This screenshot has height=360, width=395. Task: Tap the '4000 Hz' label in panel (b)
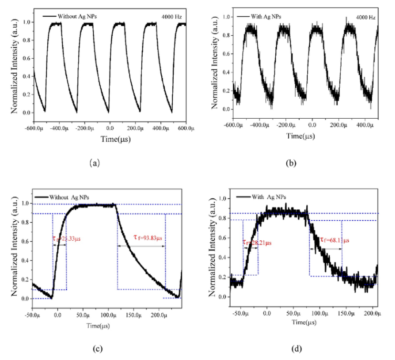pyautogui.click(x=366, y=18)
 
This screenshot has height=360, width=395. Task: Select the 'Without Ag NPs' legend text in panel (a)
pyautogui.click(x=78, y=16)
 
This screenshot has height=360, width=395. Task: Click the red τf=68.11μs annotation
pyautogui.click(x=335, y=240)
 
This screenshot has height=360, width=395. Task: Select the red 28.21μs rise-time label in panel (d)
pyautogui.click(x=258, y=242)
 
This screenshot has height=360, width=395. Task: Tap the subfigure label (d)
pyautogui.click(x=296, y=348)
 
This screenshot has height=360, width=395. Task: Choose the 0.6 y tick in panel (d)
pyautogui.click(x=220, y=237)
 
